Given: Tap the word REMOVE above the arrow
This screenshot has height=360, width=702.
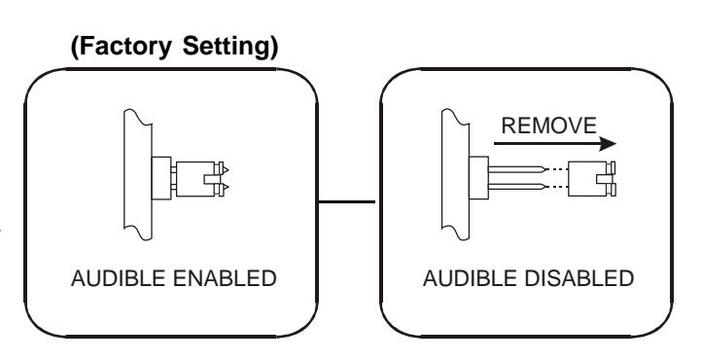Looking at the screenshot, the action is tap(549, 126).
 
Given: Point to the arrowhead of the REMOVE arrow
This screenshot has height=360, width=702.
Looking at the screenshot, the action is tap(608, 144).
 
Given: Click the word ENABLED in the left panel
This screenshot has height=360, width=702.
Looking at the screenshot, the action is tap(225, 278).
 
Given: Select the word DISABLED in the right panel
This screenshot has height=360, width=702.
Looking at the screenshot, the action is tap(579, 278).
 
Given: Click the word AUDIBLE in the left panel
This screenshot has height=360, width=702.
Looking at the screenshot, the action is tap(119, 278).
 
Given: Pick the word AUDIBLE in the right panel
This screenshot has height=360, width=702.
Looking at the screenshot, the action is tap(470, 278).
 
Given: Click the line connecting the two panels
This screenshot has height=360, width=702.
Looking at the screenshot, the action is tap(346, 202).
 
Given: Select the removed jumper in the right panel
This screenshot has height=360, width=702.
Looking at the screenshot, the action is tap(591, 179).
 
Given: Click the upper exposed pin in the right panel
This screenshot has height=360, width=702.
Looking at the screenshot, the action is tap(517, 169).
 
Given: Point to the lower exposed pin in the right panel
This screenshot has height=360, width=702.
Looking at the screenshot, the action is tap(517, 186).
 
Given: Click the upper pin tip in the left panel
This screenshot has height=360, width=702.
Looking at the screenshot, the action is tap(226, 169).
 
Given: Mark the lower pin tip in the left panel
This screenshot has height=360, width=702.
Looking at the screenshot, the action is tap(226, 186).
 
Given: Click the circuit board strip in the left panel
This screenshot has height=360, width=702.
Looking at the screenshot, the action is tap(138, 174).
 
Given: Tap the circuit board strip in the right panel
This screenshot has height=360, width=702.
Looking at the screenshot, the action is tap(456, 174).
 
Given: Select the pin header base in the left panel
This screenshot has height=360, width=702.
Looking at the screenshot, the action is tap(161, 178).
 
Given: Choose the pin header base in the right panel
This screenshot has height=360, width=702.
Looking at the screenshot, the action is tap(478, 178).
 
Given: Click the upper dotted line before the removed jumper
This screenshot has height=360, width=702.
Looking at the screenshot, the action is tap(558, 169).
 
